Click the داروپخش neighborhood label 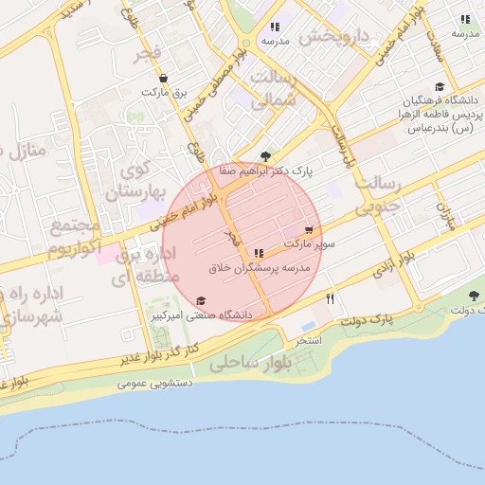click(332, 37)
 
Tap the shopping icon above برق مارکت click(164, 79)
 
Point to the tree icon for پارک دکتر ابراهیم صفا click(265, 156)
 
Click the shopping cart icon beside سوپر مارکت click(310, 230)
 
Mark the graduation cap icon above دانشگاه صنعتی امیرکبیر click(199, 300)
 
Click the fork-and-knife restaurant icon click(330, 298)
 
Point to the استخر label click(310, 339)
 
